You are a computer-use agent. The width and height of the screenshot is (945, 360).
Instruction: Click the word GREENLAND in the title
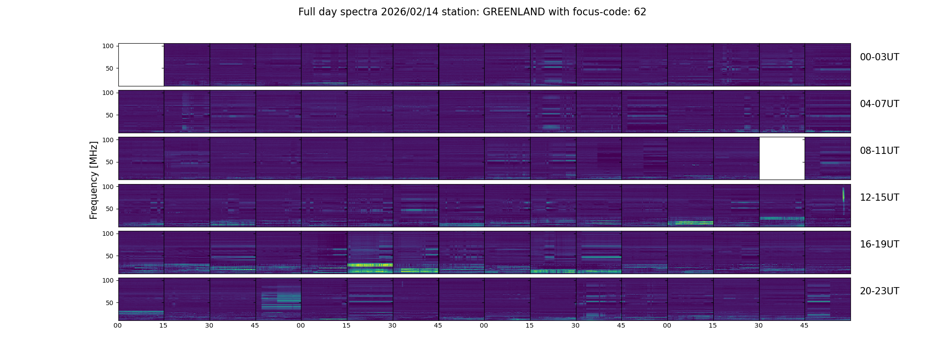[514, 12]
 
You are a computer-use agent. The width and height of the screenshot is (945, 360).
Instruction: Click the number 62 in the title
[640, 12]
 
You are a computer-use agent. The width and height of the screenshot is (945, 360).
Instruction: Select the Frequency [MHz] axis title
[94, 180]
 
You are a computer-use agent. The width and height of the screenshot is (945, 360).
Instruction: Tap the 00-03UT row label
[879, 57]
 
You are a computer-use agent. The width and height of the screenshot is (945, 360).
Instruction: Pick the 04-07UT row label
[879, 104]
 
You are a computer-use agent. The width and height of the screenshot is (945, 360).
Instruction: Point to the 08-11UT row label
[879, 151]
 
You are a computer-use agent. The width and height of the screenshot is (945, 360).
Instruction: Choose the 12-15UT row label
[879, 198]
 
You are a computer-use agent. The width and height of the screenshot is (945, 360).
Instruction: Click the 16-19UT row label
[879, 244]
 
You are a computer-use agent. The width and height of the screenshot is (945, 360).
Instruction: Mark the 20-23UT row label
[879, 291]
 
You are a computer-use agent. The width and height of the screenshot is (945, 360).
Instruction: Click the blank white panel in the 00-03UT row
[141, 64]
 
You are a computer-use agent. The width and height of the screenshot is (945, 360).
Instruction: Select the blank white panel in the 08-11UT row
[782, 158]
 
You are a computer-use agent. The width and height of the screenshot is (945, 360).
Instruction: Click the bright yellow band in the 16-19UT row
[370, 265]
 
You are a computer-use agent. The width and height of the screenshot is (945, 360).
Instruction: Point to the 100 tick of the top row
[108, 46]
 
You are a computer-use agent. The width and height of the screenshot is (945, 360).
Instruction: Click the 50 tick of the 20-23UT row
[109, 303]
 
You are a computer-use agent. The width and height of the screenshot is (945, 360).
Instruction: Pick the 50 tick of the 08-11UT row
[109, 162]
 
